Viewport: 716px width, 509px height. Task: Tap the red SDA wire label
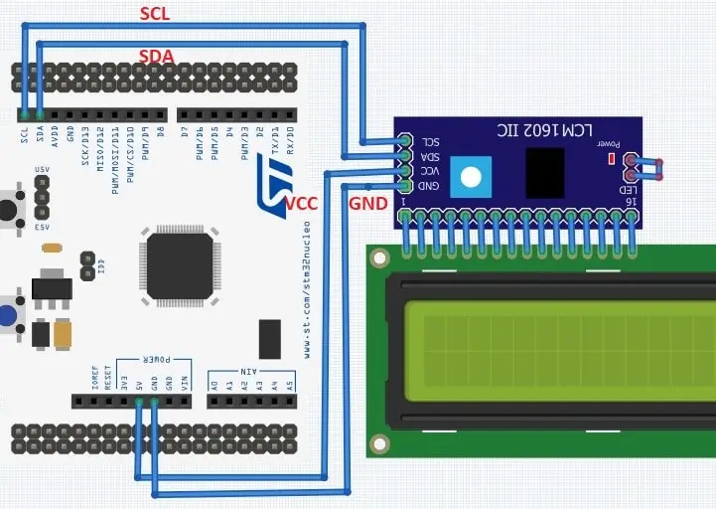(x=157, y=57)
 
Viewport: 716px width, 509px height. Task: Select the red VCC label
(x=300, y=203)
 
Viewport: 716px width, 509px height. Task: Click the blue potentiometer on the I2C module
(x=472, y=177)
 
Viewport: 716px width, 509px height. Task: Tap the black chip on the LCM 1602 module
(x=545, y=172)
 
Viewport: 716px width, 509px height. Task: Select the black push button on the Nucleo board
(x=9, y=209)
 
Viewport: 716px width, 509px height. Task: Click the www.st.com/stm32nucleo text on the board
(x=310, y=297)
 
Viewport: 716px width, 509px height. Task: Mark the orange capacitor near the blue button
(x=66, y=333)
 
